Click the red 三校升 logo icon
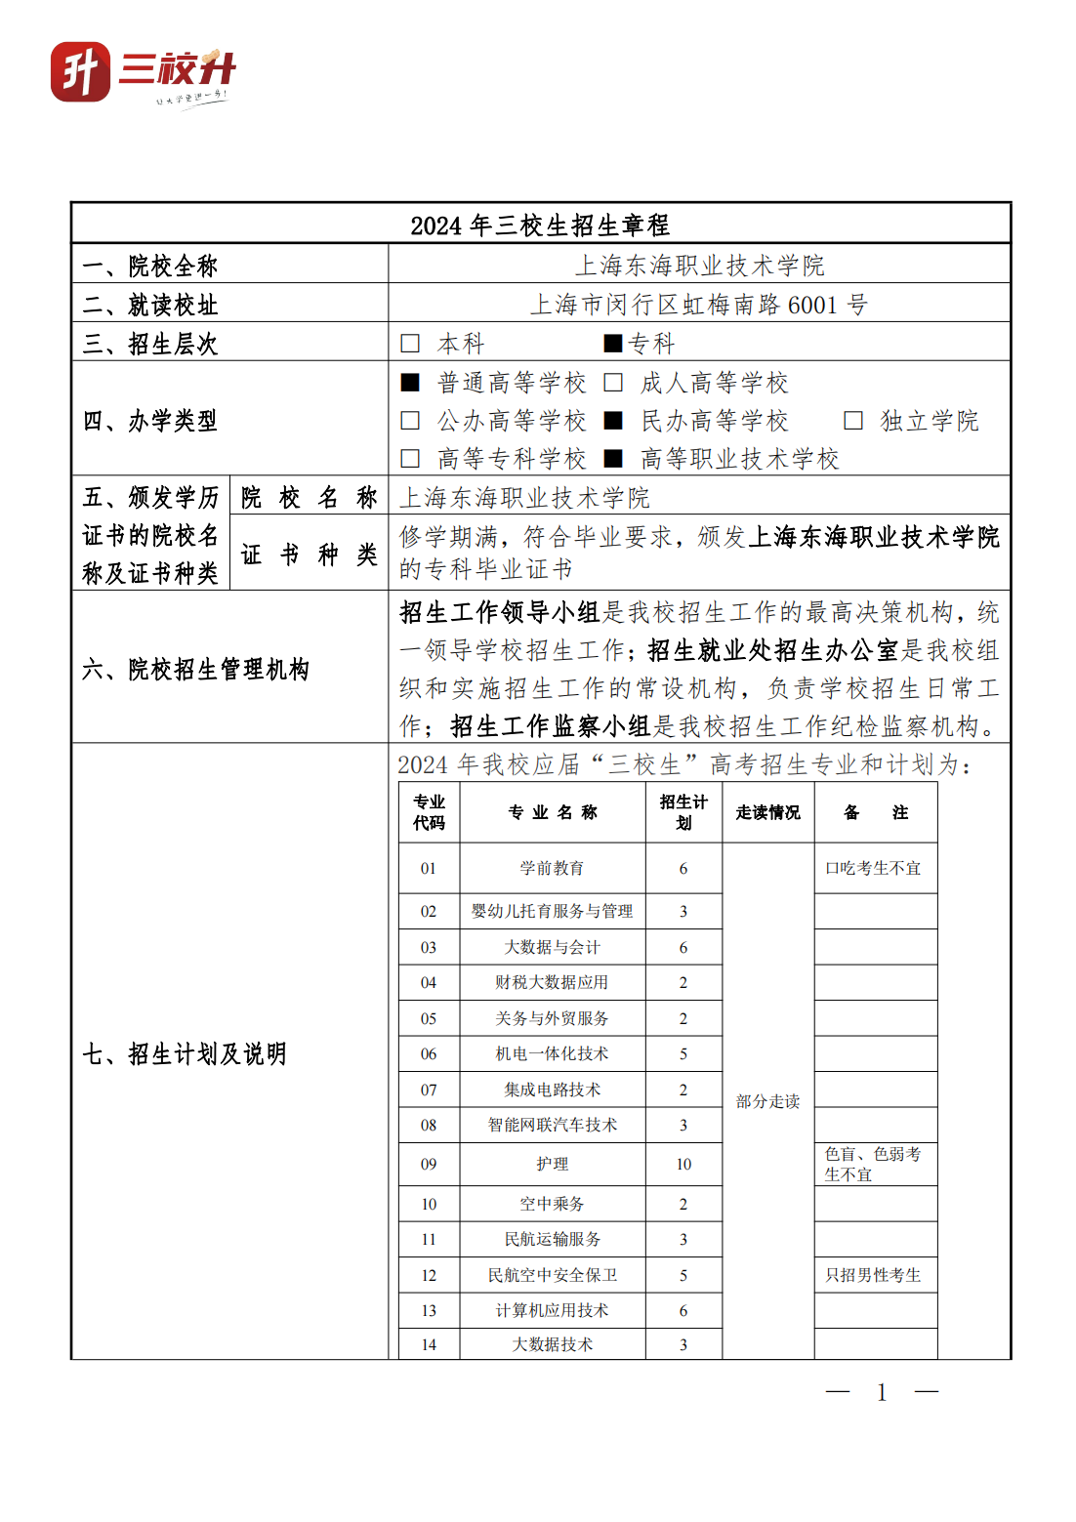(x=80, y=71)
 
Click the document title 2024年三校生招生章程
(x=540, y=226)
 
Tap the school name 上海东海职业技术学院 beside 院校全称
(x=699, y=266)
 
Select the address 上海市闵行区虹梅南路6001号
(x=699, y=305)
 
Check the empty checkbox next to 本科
(x=410, y=344)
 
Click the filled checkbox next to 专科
(x=612, y=344)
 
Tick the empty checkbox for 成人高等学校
(x=613, y=383)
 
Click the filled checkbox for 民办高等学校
(x=613, y=421)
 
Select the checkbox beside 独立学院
(x=853, y=421)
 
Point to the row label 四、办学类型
(x=150, y=421)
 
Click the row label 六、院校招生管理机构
(x=195, y=669)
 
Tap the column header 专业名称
(x=552, y=812)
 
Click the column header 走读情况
(x=767, y=812)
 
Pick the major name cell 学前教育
(x=552, y=868)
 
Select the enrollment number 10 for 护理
(x=683, y=1164)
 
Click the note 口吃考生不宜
(x=873, y=868)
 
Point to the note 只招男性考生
(x=873, y=1275)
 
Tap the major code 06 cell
(x=429, y=1053)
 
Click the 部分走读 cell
(x=767, y=1101)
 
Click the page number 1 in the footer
(x=882, y=1392)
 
